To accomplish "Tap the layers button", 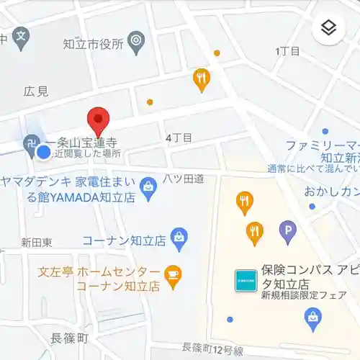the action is (328, 28).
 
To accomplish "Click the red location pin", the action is (98, 121).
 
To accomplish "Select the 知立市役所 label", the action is (94, 42).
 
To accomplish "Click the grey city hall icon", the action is (135, 41).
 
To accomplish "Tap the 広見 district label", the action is (36, 91).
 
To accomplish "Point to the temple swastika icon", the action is (31, 143).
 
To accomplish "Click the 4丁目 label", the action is (179, 137).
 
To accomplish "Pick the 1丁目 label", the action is (289, 51).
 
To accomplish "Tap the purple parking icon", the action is (288, 231).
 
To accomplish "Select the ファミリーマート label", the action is (322, 145).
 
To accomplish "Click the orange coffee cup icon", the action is (173, 274).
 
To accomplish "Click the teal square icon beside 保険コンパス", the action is (245, 280).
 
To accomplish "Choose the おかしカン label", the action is (331, 192).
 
